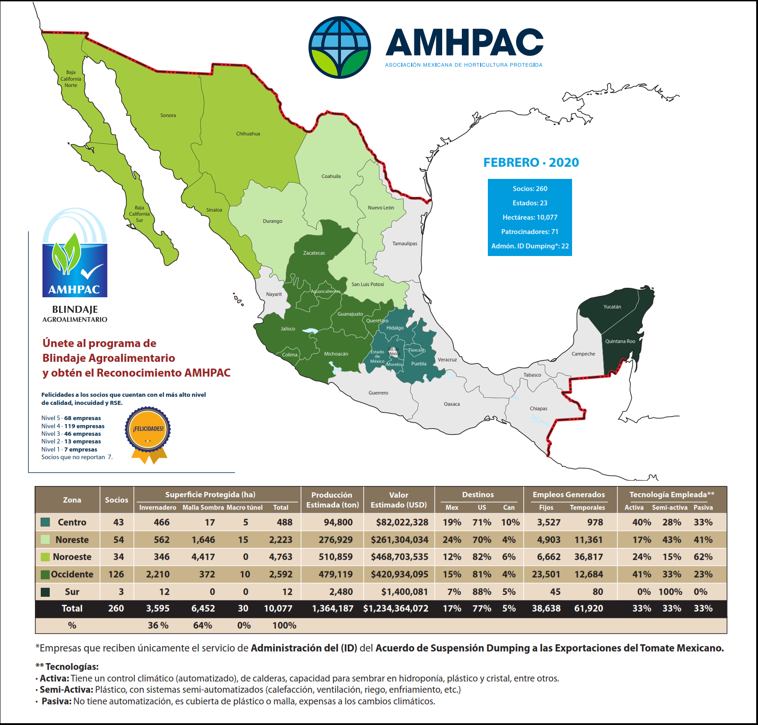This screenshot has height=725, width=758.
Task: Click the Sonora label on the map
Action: pyautogui.click(x=168, y=115)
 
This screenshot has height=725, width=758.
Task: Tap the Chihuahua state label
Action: pyautogui.click(x=248, y=134)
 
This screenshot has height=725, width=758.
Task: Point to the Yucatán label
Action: pyautogui.click(x=612, y=307)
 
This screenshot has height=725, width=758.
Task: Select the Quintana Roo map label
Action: pyautogui.click(x=620, y=341)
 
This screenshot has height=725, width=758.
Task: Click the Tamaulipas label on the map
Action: pyautogui.click(x=405, y=243)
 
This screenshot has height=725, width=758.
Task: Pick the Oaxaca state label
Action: pyautogui.click(x=452, y=404)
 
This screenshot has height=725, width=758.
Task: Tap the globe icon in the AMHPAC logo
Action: pyautogui.click(x=340, y=48)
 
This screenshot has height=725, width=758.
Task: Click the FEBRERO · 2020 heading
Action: pyautogui.click(x=531, y=162)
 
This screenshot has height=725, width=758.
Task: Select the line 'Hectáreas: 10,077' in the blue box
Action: pyautogui.click(x=530, y=217)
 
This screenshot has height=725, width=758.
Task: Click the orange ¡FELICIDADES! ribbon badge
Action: pyautogui.click(x=148, y=430)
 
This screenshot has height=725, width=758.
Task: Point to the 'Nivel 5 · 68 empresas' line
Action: pyautogui.click(x=71, y=418)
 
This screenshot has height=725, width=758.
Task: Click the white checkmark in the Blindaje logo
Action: pyautogui.click(x=92, y=271)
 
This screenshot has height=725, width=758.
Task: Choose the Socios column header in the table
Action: pyautogui.click(x=116, y=500)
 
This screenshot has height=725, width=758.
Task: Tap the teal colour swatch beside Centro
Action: pyautogui.click(x=45, y=522)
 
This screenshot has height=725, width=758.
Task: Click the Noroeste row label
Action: pyautogui.click(x=72, y=557)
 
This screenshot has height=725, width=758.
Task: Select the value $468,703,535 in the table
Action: pyautogui.click(x=399, y=557)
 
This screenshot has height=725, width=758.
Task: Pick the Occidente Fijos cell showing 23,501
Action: pyautogui.click(x=546, y=574)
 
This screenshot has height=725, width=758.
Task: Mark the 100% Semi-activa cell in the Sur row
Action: pyautogui.click(x=670, y=592)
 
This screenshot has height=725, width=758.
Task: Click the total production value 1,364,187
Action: pyautogui.click(x=332, y=608)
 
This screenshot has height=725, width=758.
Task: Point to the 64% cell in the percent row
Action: pyautogui.click(x=202, y=625)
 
